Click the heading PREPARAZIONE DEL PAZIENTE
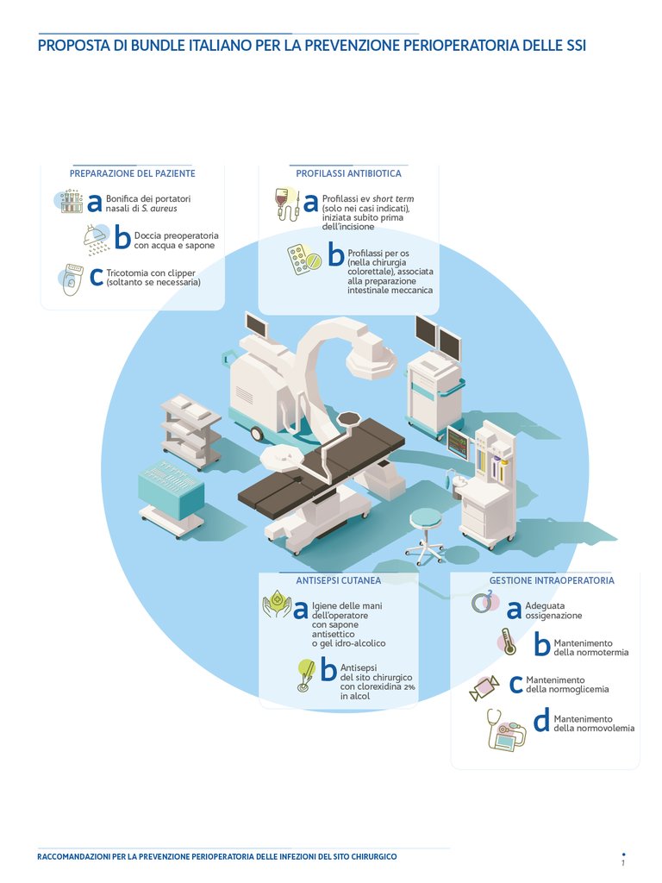click(132, 173)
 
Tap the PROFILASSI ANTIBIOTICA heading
click(348, 173)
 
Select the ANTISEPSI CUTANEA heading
click(338, 580)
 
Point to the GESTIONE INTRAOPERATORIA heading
click(552, 580)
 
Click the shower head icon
click(97, 239)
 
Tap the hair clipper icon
click(72, 279)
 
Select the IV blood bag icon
click(286, 204)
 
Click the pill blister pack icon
click(303, 259)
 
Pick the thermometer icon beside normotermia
click(508, 642)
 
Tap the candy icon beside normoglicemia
click(484, 687)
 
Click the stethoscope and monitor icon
click(505, 730)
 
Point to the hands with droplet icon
click(277, 604)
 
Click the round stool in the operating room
click(426, 535)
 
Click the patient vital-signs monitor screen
click(458, 443)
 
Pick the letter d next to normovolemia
click(541, 721)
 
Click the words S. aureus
click(159, 209)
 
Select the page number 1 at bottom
click(623, 862)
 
